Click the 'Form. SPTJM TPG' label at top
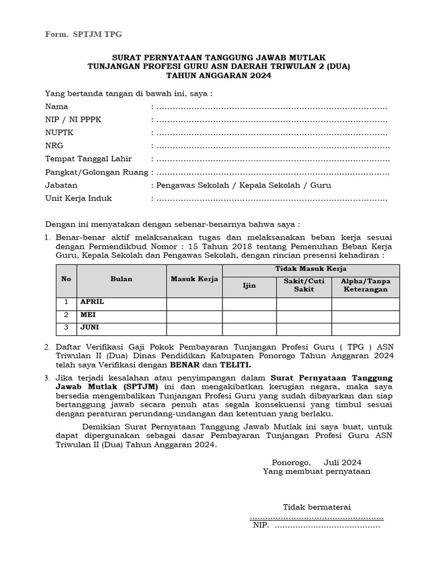pyautogui.click(x=84, y=35)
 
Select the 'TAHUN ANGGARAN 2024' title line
pyautogui.click(x=218, y=75)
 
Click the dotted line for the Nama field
pyautogui.click(x=271, y=107)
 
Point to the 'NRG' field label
pyautogui.click(x=54, y=146)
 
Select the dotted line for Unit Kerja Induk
pyautogui.click(x=271, y=199)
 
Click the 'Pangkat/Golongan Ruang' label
pyautogui.click(x=96, y=172)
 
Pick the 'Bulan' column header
pyautogui.click(x=121, y=279)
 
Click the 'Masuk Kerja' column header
pyautogui.click(x=194, y=279)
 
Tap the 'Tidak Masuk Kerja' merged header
pyautogui.click(x=311, y=269)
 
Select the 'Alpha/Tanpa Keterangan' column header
pyautogui.click(x=366, y=285)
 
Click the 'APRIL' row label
pyautogui.click(x=92, y=302)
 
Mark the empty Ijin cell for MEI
pyautogui.click(x=249, y=315)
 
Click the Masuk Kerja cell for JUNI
pyautogui.click(x=194, y=328)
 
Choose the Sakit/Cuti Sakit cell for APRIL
pyautogui.click(x=304, y=302)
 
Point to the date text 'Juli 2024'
pyautogui.click(x=342, y=463)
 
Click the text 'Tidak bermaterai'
pyautogui.click(x=317, y=507)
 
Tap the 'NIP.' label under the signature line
pyautogui.click(x=261, y=526)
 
